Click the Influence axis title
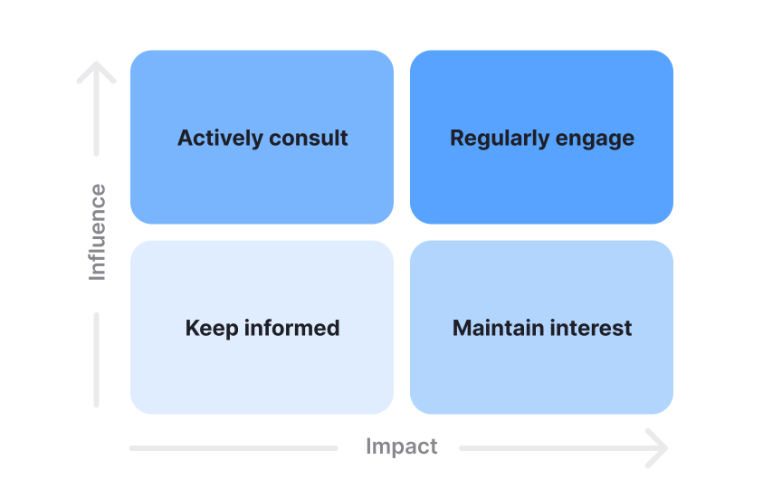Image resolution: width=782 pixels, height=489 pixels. pos(97,232)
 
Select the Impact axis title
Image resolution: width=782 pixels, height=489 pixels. pos(401,446)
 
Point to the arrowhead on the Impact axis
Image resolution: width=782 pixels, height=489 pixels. pos(659,447)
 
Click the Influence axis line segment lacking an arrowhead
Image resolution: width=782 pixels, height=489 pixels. pos(97,360)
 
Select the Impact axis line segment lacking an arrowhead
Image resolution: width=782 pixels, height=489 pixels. pos(234,447)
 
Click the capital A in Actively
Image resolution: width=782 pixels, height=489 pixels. pos(186,139)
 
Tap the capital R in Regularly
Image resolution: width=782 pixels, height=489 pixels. pos(457,139)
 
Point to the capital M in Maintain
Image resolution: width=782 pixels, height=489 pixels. pos(462,328)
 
